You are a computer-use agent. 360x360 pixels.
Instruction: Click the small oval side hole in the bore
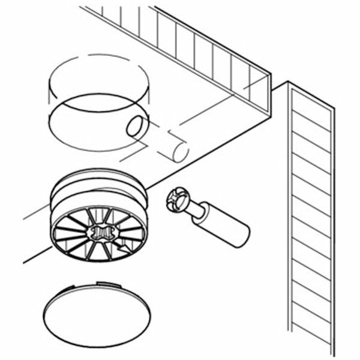(134, 126)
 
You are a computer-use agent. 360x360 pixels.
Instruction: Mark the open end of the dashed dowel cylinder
(179, 149)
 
